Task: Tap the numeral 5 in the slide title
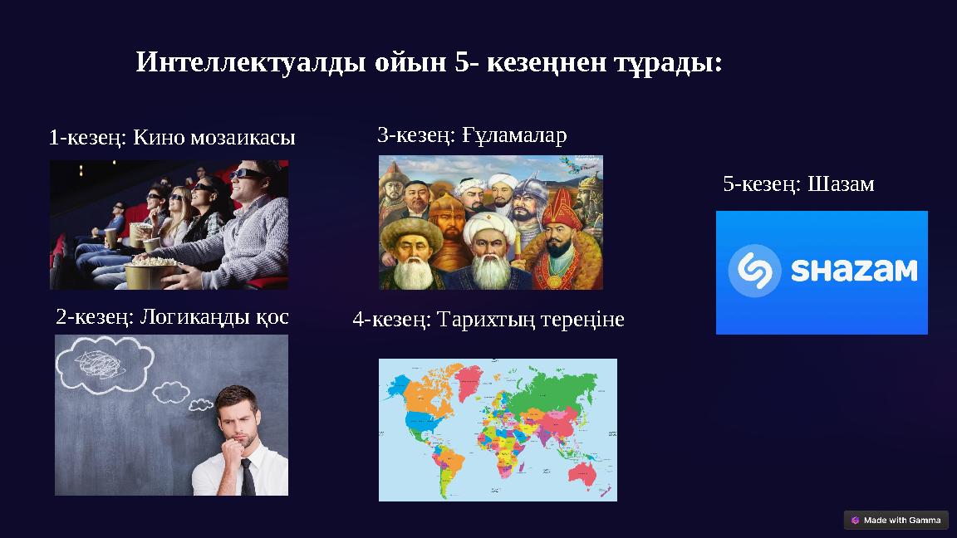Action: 462,62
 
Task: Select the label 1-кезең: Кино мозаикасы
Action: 172,137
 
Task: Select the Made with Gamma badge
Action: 896,521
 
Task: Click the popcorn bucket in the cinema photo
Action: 150,271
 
